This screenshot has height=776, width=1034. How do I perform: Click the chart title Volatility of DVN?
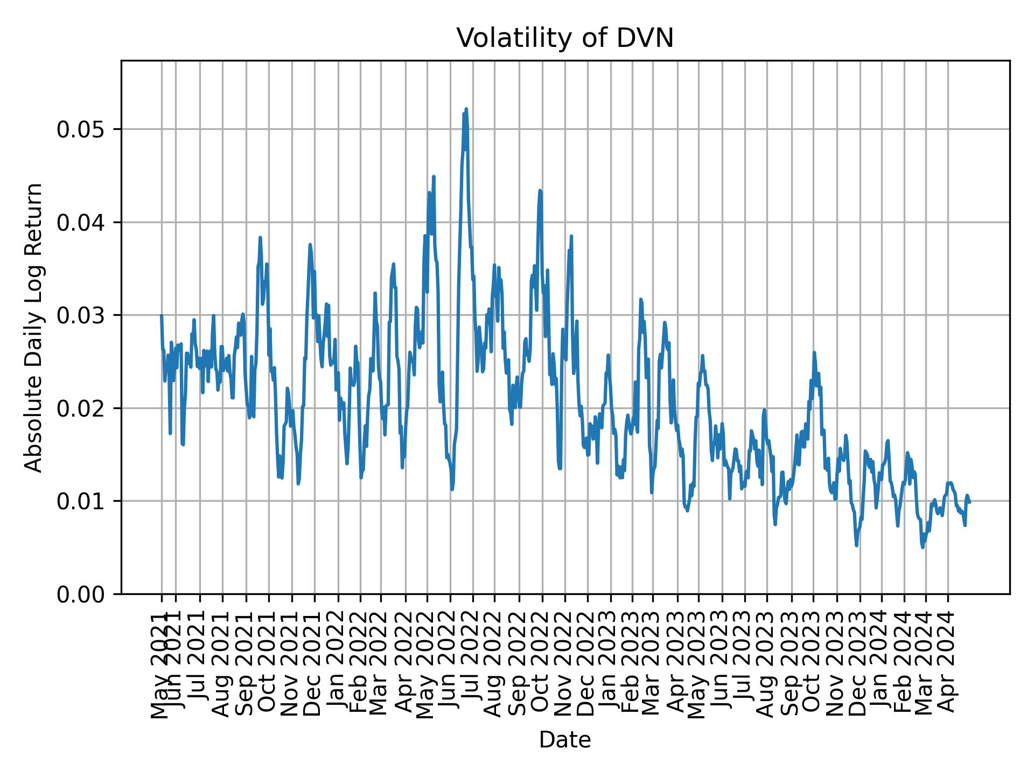point(565,38)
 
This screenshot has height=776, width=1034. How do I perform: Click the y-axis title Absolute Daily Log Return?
point(34,327)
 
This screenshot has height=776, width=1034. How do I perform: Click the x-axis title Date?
point(565,740)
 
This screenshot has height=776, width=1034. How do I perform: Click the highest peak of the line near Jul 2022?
point(466,109)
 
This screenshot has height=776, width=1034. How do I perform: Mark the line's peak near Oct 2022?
point(540,190)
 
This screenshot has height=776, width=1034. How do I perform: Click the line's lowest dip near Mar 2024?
point(923,548)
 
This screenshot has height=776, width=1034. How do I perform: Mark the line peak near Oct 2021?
point(260,237)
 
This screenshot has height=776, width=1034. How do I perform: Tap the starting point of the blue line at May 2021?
point(161,315)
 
